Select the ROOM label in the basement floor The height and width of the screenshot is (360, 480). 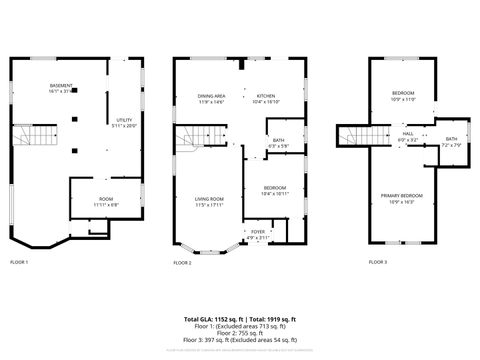(106, 200)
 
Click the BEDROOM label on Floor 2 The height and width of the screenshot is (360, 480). (275, 189)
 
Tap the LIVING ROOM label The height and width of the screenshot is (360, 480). (209, 201)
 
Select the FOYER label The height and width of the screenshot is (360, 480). (258, 235)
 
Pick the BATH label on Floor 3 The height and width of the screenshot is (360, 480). (451, 141)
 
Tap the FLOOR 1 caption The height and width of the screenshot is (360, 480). (19, 262)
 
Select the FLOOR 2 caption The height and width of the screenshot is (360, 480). (182, 262)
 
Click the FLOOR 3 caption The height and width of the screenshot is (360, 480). (376, 262)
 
